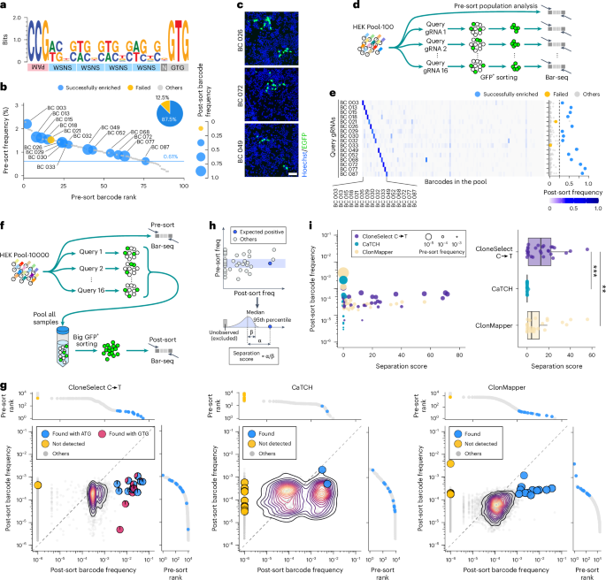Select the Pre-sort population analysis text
click(x=506, y=6)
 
